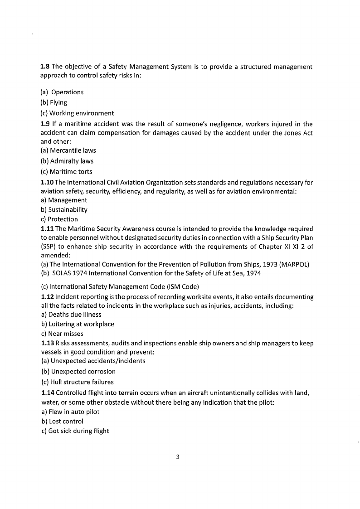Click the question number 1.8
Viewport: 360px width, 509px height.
pyautogui.click(x=45, y=67)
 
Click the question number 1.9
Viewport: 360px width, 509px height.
pyautogui.click(x=45, y=124)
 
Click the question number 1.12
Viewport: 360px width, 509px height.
pyautogui.click(x=47, y=296)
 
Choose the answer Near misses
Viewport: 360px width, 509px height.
pyautogui.click(x=65, y=334)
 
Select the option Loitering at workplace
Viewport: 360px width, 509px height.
pyautogui.click(x=81, y=324)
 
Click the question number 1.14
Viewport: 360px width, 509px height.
pyautogui.click(x=47, y=393)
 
